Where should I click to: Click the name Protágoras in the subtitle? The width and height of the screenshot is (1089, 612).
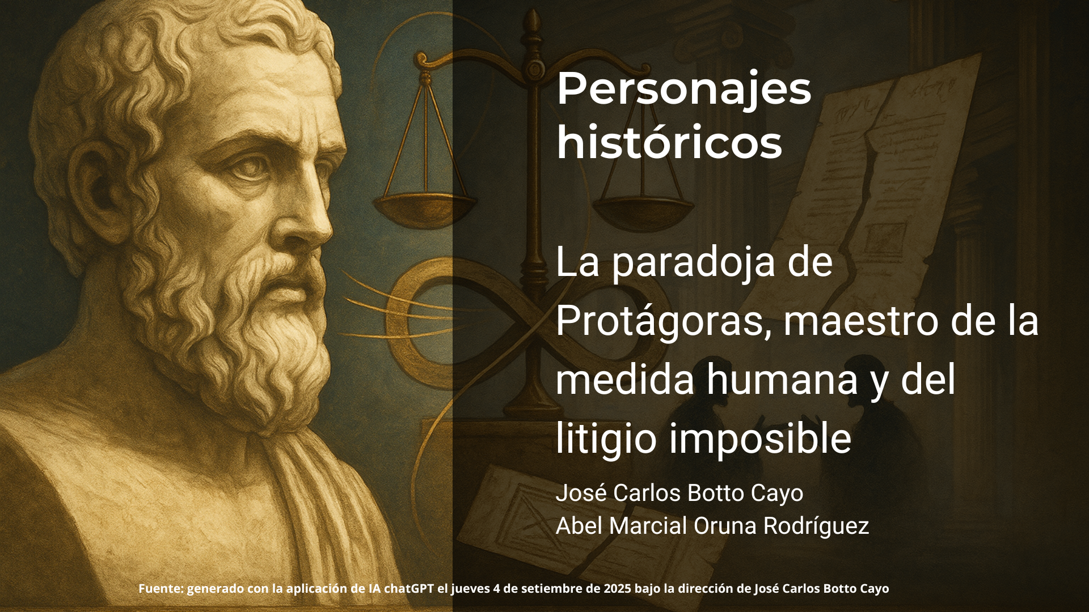[664, 322]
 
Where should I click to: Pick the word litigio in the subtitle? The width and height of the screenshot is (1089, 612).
[607, 439]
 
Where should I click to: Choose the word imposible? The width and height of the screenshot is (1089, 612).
[761, 439]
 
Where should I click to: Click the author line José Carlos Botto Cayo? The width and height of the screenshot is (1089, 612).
[679, 493]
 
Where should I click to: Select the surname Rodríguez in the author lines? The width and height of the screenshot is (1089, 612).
[816, 526]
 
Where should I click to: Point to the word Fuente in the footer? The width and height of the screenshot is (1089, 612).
[161, 589]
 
